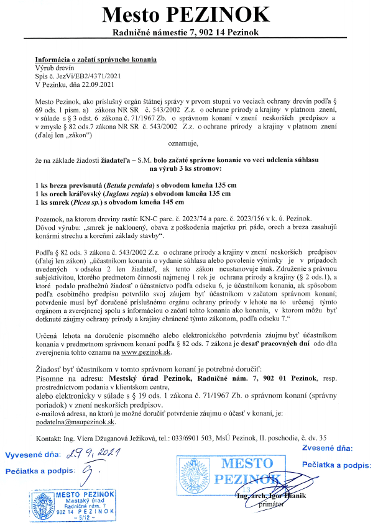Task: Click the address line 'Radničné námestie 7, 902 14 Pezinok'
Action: (186, 32)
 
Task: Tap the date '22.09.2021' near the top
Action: (101, 84)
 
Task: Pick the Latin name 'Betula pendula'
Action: (130, 186)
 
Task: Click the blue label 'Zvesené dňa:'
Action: (327, 447)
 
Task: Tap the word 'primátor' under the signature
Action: (267, 504)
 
